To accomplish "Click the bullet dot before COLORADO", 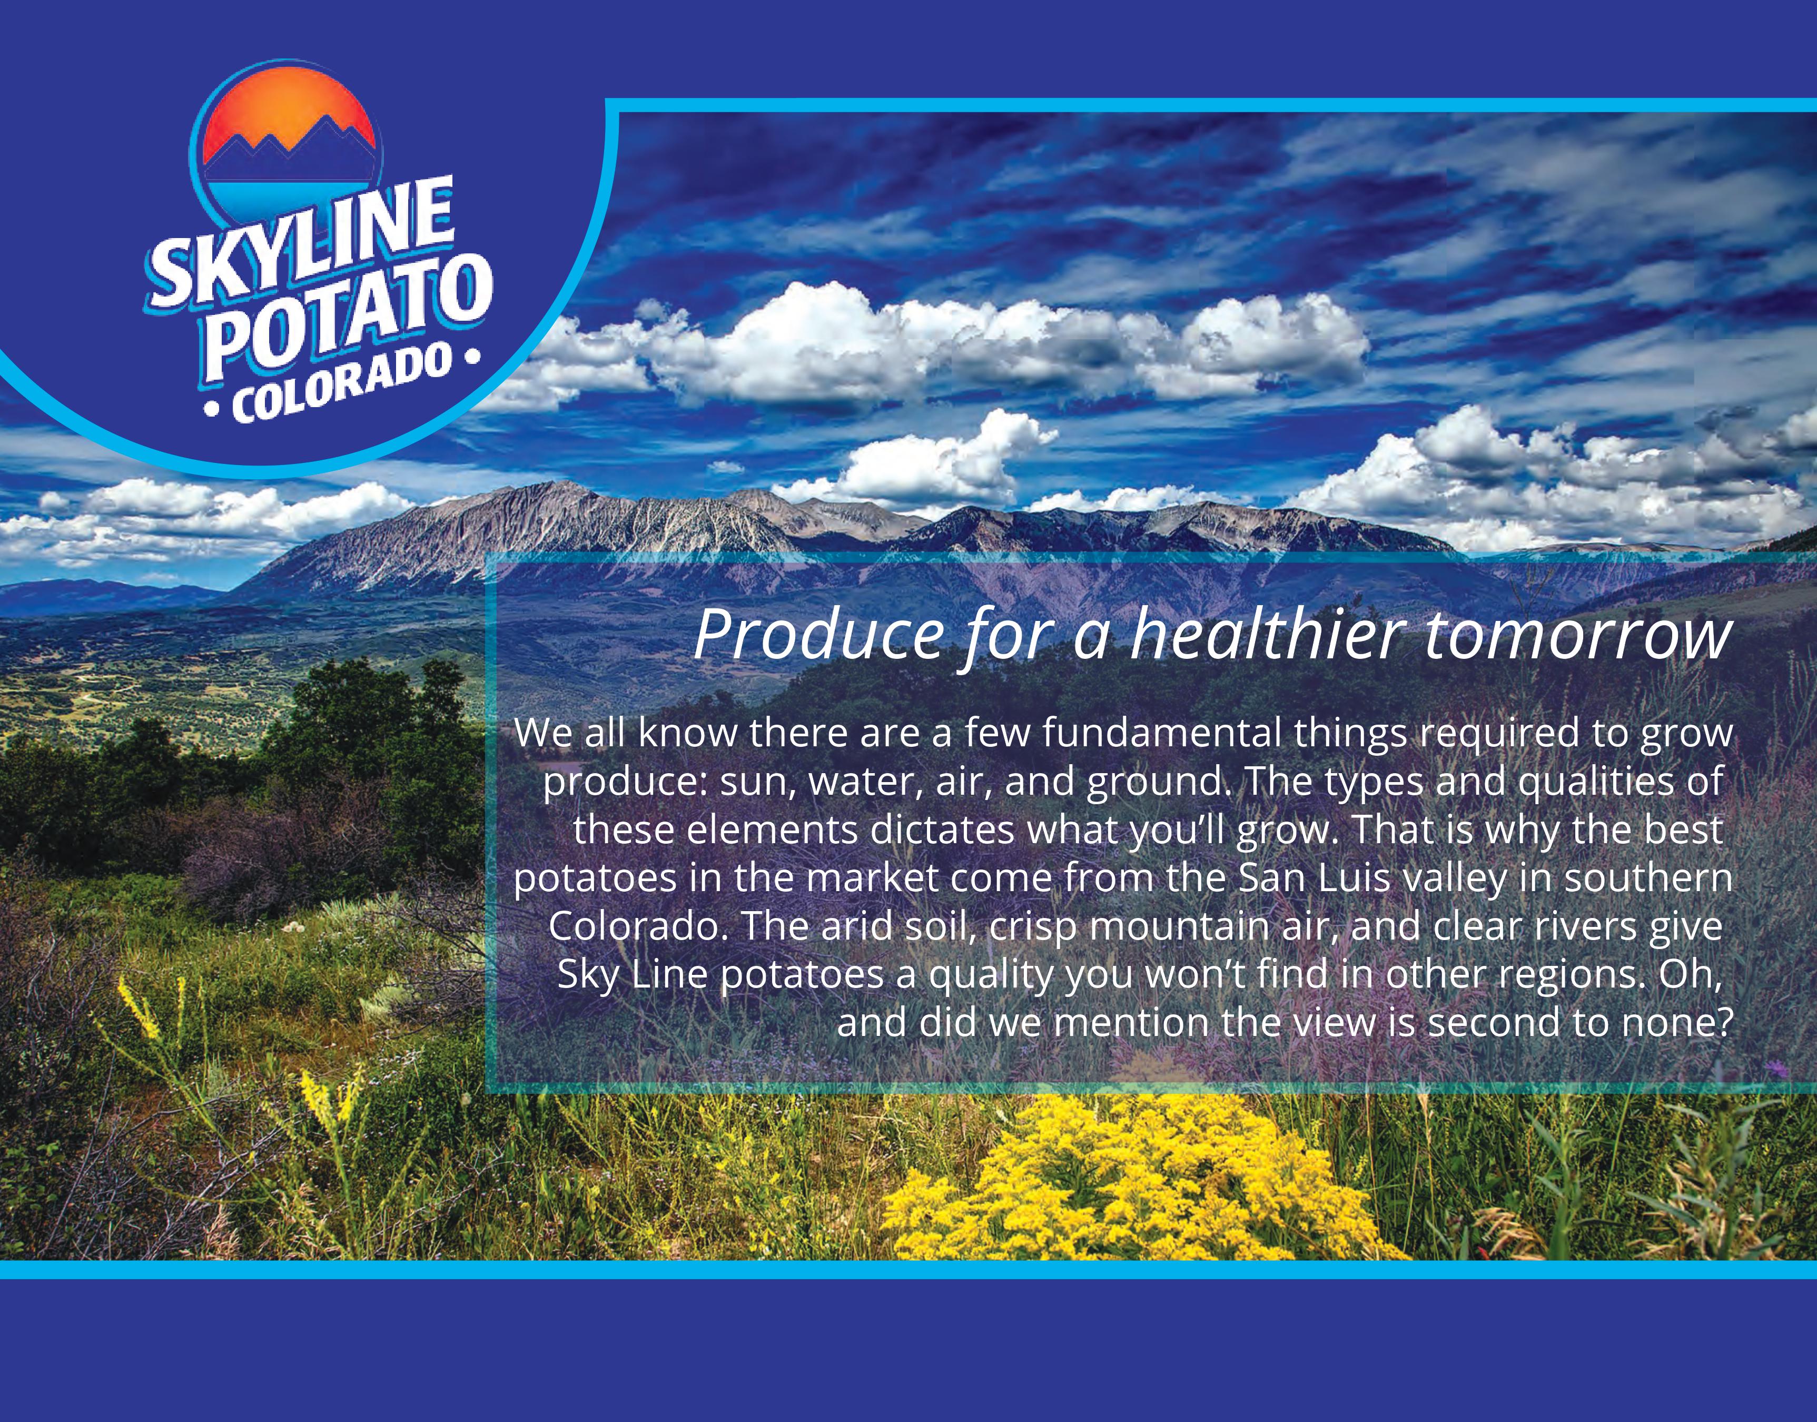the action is pyautogui.click(x=213, y=410).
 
